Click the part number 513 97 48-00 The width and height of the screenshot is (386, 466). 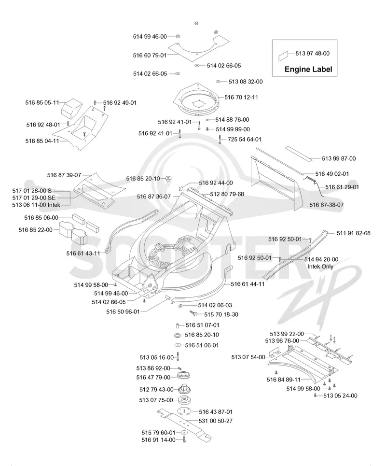pyautogui.click(x=312, y=54)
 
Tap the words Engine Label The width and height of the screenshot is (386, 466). pyautogui.click(x=308, y=69)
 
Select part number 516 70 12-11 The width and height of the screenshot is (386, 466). pyautogui.click(x=241, y=97)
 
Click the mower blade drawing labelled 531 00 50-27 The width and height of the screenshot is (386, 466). pyautogui.click(x=184, y=424)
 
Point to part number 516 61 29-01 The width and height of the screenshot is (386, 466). pyautogui.click(x=342, y=187)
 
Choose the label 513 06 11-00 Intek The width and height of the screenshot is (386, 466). pyautogui.click(x=36, y=205)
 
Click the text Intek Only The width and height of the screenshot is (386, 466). pyautogui.click(x=320, y=266)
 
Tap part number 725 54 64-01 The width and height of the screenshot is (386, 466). pyautogui.click(x=244, y=140)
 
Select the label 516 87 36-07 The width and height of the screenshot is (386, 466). pyautogui.click(x=154, y=197)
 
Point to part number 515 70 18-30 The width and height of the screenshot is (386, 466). pyautogui.click(x=221, y=314)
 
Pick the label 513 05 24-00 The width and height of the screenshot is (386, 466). pyautogui.click(x=340, y=395)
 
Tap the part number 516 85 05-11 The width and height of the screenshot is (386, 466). pyautogui.click(x=42, y=102)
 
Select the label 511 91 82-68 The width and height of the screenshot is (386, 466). pyautogui.click(x=354, y=233)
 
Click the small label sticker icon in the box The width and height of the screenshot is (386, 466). pyautogui.click(x=283, y=56)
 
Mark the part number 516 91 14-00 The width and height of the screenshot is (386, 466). pyautogui.click(x=159, y=440)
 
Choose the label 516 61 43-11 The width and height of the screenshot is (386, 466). pyautogui.click(x=83, y=253)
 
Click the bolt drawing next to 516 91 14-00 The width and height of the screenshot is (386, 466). pyautogui.click(x=184, y=439)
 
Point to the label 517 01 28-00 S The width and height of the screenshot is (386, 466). pyautogui.click(x=32, y=190)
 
